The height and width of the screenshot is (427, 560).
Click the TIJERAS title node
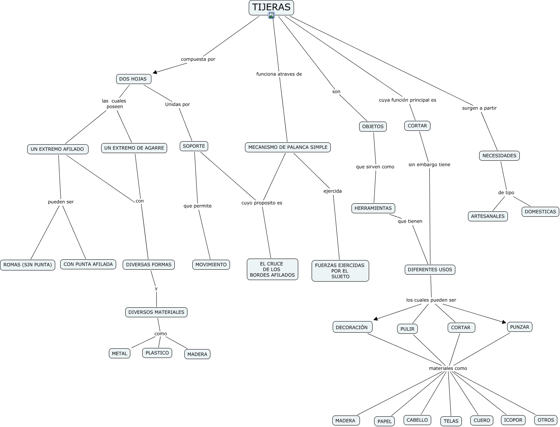[271, 8]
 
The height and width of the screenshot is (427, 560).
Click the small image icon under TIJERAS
[271, 16]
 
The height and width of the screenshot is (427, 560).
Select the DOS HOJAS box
[133, 79]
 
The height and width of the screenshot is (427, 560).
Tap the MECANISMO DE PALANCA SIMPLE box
[288, 147]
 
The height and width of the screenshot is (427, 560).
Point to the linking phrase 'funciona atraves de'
[279, 74]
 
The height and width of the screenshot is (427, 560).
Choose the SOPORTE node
[194, 146]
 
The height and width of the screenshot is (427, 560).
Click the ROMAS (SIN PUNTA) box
[28, 265]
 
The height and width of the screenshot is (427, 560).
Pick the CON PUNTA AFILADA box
[88, 264]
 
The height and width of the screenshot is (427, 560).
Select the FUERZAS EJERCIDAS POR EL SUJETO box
[340, 271]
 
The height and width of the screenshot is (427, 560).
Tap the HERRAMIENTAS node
[373, 208]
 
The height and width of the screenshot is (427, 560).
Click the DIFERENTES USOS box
[430, 270]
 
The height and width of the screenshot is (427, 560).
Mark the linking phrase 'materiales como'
[448, 368]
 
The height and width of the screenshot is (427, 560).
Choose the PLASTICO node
[157, 353]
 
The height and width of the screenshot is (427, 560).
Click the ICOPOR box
[513, 420]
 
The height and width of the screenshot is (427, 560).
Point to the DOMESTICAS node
[540, 212]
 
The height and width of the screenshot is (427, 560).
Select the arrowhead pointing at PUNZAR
[504, 322]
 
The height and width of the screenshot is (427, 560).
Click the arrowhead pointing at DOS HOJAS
[154, 72]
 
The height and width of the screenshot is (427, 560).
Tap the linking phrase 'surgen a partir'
[480, 108]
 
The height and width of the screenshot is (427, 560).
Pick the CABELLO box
[417, 420]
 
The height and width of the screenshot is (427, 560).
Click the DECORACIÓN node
[352, 327]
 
